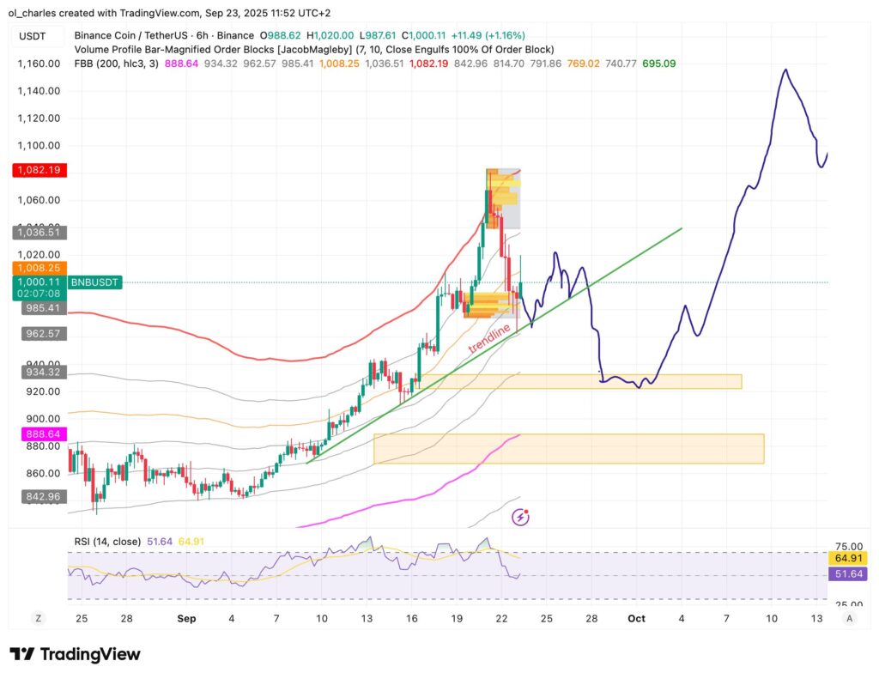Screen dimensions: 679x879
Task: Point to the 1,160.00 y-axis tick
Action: tap(38, 64)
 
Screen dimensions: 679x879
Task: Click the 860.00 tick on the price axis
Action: tap(42, 474)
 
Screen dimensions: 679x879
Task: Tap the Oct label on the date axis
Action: tap(636, 618)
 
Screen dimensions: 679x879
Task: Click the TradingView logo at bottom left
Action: tap(75, 654)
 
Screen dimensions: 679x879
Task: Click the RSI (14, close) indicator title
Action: tap(107, 542)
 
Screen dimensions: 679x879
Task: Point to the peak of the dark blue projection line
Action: tap(784, 70)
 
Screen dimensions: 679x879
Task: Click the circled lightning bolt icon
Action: tap(520, 517)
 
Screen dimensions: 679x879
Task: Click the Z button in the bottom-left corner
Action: tap(38, 618)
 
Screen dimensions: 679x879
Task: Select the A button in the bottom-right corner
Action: tap(850, 618)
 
